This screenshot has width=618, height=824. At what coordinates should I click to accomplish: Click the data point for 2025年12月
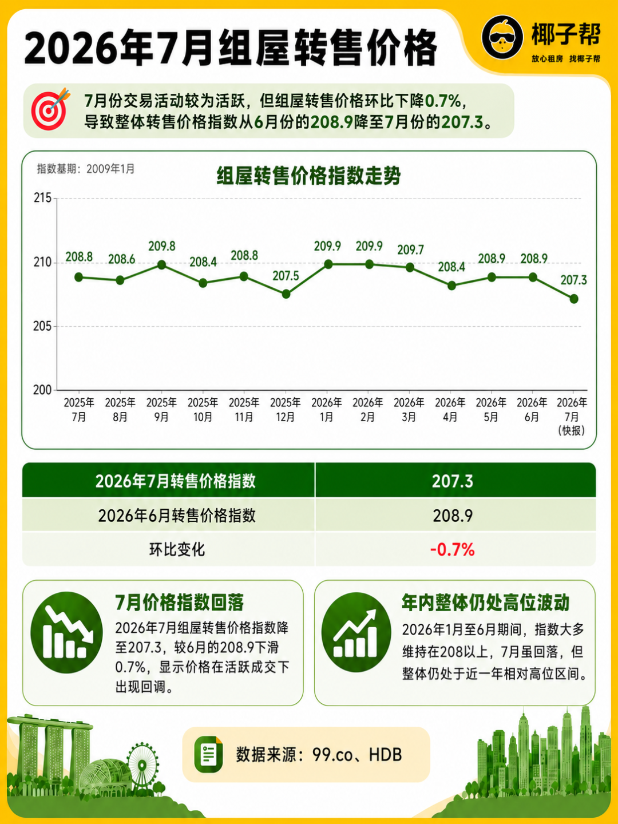tap(286, 294)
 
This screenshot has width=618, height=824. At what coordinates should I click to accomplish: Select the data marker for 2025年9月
tap(162, 265)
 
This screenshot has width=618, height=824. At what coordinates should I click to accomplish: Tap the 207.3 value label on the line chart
tap(573, 280)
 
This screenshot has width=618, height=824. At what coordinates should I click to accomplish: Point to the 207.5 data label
tap(286, 276)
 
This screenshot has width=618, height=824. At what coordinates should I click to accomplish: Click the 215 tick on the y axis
tap(42, 198)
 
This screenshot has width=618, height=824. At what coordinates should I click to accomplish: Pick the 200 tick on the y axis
tap(42, 390)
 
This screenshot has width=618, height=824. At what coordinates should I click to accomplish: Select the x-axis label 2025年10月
tap(203, 410)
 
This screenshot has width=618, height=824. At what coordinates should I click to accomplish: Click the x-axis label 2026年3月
tap(409, 410)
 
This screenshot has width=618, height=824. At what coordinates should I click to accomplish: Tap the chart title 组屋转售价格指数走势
tap(308, 176)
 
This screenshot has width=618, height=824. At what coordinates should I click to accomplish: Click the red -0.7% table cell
tap(453, 550)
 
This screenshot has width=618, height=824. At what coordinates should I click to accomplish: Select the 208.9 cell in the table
tap(453, 516)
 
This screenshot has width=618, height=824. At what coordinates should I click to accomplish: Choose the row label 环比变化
tap(177, 550)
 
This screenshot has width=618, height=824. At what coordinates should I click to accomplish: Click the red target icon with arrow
tap(50, 109)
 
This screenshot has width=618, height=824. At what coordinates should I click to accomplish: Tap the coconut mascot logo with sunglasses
tap(502, 38)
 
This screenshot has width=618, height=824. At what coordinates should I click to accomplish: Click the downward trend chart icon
tap(67, 632)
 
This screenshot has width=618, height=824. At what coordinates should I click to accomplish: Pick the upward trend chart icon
tap(356, 632)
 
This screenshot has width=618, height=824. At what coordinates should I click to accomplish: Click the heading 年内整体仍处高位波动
tap(486, 603)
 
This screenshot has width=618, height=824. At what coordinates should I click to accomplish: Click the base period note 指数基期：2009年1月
tap(86, 169)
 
